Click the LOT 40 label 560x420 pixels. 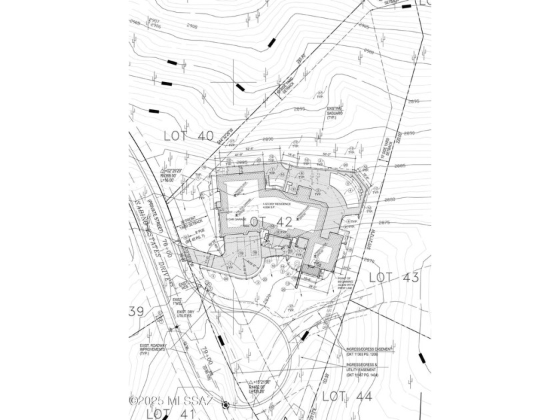189,136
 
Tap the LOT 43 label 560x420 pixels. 394,277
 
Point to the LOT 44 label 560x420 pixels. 347,396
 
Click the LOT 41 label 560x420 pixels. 167,413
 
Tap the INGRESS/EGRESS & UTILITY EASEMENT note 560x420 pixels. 369,370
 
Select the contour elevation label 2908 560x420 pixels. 192,27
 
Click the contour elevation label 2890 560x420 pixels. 268,139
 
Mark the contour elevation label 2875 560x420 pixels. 383,223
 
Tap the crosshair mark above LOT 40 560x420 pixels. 239,86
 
